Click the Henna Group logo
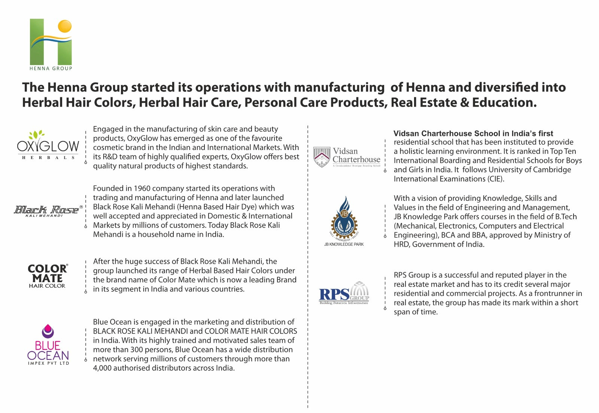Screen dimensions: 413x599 pyautogui.click(x=51, y=44)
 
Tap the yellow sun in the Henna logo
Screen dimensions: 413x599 pyautogui.click(x=65, y=26)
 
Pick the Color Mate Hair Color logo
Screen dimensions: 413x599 pyautogui.click(x=48, y=276)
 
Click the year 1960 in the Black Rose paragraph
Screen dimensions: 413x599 pyautogui.click(x=143, y=189)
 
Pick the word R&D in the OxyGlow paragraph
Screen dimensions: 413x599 pyautogui.click(x=110, y=157)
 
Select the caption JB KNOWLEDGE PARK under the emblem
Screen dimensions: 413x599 pyautogui.click(x=344, y=244)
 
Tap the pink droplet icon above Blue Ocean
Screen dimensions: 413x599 pyautogui.click(x=48, y=331)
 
